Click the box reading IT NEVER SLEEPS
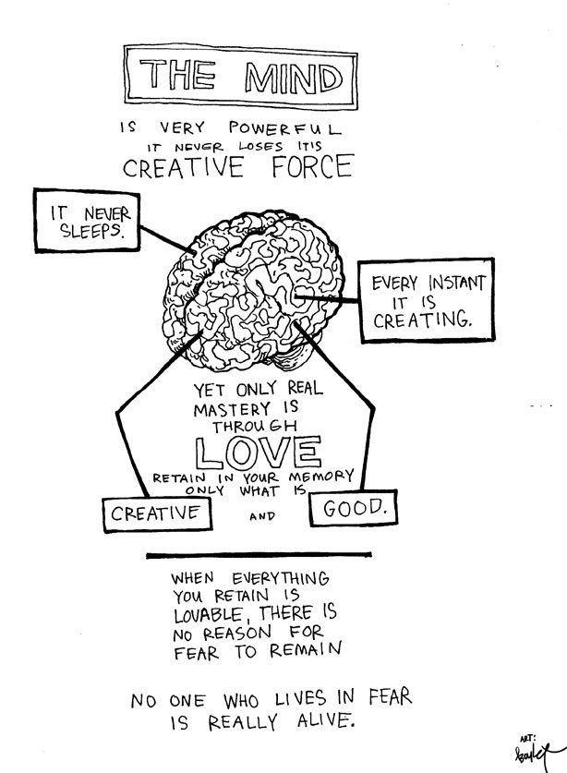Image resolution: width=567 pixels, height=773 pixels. (x=85, y=221)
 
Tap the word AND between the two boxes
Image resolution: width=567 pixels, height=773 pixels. (x=263, y=517)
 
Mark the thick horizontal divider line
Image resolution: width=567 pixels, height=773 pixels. (x=259, y=554)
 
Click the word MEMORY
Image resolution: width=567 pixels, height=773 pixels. (x=318, y=476)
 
